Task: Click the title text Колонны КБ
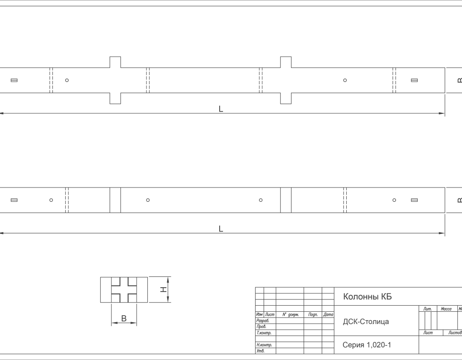(x=368, y=296)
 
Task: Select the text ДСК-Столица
(x=366, y=321)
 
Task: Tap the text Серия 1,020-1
(x=367, y=345)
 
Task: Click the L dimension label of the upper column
(x=221, y=109)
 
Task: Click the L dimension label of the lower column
(x=221, y=229)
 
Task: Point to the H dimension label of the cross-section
(x=163, y=290)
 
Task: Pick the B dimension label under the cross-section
(x=124, y=318)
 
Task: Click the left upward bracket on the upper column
(x=115, y=62)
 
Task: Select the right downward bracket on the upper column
(x=286, y=98)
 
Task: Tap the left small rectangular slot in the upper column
(x=14, y=80)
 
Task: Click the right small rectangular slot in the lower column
(x=414, y=200)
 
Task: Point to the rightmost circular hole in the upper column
(x=345, y=80)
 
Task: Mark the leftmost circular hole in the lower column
(x=51, y=200)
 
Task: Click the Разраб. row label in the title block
(x=263, y=320)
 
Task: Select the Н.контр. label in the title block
(x=264, y=345)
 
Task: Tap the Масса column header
(x=446, y=309)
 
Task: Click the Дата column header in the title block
(x=328, y=315)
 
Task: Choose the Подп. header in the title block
(x=313, y=315)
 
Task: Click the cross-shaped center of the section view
(x=124, y=290)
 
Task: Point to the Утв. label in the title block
(x=260, y=351)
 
